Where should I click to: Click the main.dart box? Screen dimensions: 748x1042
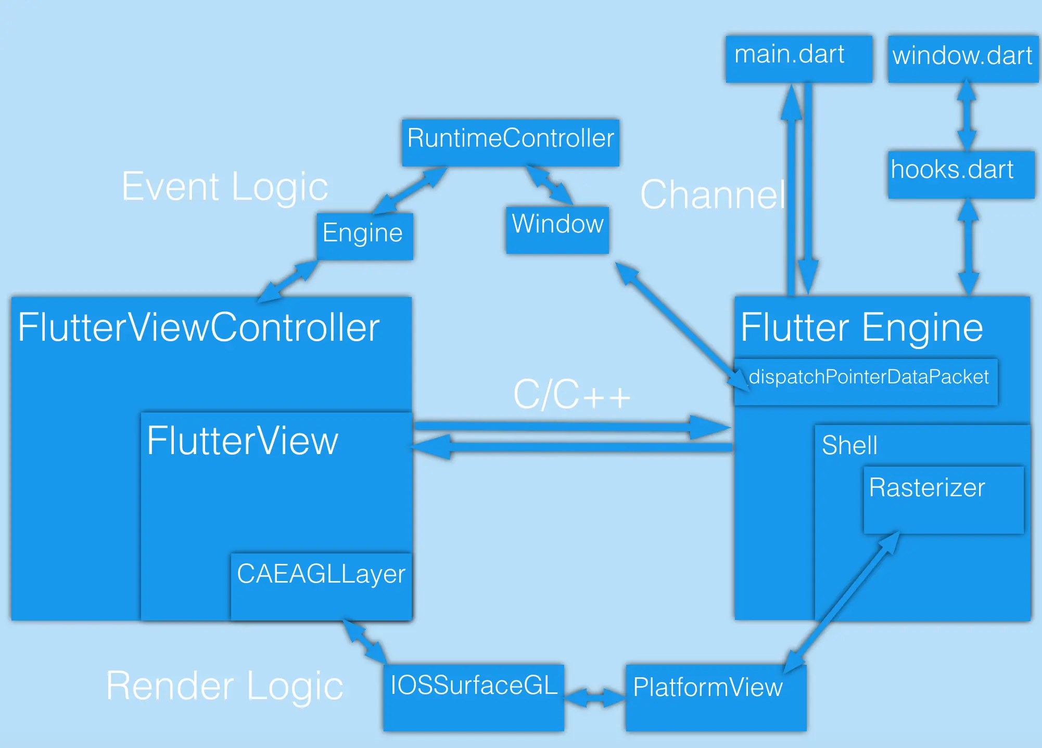(798, 58)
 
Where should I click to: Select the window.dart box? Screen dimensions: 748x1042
(963, 58)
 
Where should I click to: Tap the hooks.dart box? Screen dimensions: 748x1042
(961, 174)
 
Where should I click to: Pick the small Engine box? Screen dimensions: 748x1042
(364, 236)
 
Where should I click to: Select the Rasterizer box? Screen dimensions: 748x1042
(943, 499)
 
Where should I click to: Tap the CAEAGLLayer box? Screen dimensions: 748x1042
(321, 586)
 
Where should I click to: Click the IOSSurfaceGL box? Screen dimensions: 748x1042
(474, 697)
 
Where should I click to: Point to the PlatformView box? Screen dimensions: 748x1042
(716, 697)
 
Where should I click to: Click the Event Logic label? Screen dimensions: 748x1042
(225, 187)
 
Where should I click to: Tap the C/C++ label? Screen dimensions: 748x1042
(571, 395)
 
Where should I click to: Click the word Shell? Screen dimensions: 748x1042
(849, 446)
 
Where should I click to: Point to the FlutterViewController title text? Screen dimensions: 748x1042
(199, 328)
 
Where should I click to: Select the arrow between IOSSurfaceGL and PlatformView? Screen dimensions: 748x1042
(594, 697)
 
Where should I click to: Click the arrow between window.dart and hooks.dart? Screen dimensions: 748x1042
(967, 115)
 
